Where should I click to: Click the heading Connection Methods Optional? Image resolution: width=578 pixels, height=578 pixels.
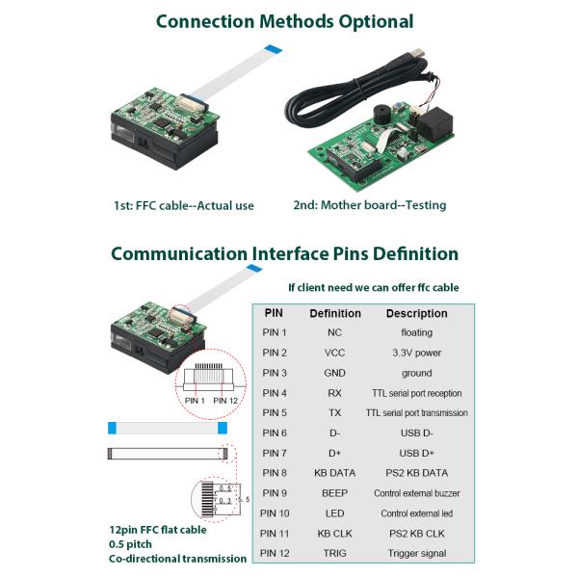click(x=284, y=21)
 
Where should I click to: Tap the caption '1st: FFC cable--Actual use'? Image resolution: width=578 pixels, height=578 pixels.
click(x=184, y=205)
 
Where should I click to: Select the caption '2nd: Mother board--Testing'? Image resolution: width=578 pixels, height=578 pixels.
click(x=370, y=205)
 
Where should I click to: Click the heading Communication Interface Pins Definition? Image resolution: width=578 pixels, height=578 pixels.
click(x=284, y=254)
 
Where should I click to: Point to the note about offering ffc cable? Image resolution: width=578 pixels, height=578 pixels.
click(x=374, y=287)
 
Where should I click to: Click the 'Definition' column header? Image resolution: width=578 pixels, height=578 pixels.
click(x=335, y=313)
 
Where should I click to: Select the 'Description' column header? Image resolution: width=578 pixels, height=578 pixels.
click(x=416, y=313)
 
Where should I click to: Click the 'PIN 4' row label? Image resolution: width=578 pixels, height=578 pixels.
click(x=275, y=393)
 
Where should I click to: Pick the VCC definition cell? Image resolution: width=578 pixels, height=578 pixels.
click(x=335, y=353)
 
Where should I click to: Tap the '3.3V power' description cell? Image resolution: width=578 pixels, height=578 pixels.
click(x=416, y=353)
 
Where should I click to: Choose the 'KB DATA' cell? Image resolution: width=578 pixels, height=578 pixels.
click(x=336, y=473)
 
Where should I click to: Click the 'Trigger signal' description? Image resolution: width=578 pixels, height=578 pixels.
click(x=416, y=553)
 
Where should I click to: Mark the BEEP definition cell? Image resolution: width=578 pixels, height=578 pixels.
click(x=335, y=493)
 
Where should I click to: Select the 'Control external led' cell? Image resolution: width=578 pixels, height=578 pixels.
click(x=416, y=513)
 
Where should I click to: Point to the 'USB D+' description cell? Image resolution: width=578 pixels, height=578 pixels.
click(x=416, y=453)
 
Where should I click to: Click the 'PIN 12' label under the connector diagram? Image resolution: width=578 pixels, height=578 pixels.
click(x=226, y=400)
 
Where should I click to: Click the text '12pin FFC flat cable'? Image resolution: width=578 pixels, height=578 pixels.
click(x=158, y=529)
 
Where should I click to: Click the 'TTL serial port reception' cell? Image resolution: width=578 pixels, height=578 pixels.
click(x=416, y=393)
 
